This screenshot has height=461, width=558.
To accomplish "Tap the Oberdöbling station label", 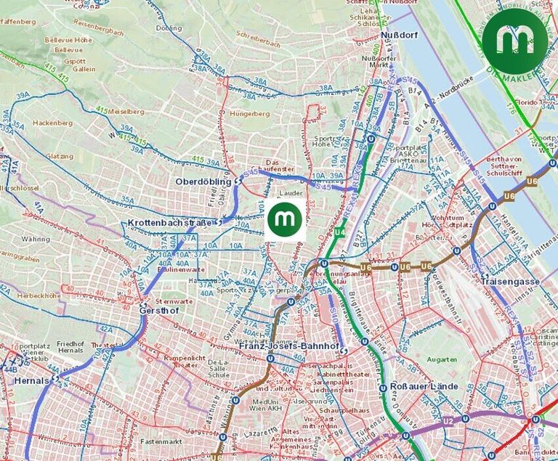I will [203, 181].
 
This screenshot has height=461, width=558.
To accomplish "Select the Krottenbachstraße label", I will [169, 222].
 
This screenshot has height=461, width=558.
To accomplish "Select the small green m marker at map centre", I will [284, 219].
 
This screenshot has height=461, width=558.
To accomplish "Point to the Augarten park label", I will [442, 359].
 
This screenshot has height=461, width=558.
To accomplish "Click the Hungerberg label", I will [249, 114].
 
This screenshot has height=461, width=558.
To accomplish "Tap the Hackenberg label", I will [52, 123].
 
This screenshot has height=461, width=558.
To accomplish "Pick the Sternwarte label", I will [171, 300].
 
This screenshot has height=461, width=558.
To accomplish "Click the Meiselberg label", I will [126, 113].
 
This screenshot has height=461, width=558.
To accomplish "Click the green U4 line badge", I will [339, 232].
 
